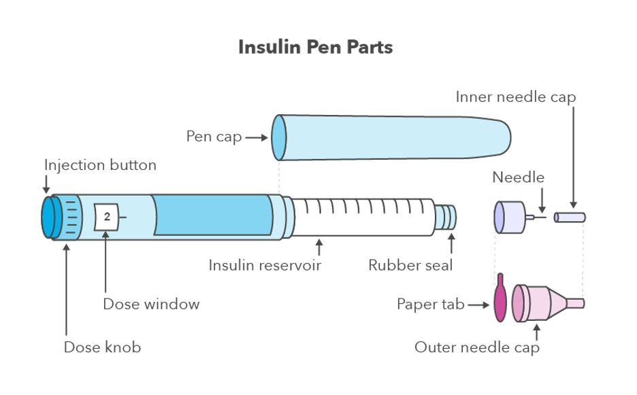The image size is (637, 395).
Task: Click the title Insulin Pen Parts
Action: click(x=315, y=48)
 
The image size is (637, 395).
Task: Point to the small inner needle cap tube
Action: click(x=570, y=218)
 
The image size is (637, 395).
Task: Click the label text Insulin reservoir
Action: click(x=265, y=265)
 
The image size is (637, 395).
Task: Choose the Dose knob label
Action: click(x=102, y=347)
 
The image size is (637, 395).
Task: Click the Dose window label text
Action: click(x=151, y=304)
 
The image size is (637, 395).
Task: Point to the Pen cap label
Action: click(x=214, y=137)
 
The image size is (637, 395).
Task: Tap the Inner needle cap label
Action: click(x=515, y=97)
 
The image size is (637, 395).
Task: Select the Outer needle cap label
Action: click(x=476, y=348)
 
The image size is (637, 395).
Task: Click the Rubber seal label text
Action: click(x=410, y=265)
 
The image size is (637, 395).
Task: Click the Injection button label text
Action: click(x=100, y=165)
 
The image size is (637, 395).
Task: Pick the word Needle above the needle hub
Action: click(x=519, y=177)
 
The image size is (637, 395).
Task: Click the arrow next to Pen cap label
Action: click(x=257, y=137)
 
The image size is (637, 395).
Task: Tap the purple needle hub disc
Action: click(x=507, y=216)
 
